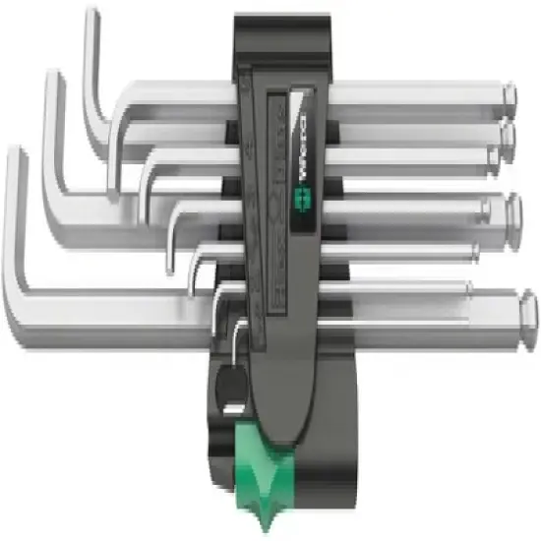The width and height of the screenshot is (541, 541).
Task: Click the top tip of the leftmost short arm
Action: click(x=14, y=152)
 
